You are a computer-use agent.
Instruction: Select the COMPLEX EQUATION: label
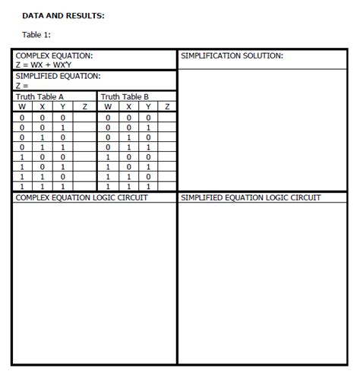pos(55,55)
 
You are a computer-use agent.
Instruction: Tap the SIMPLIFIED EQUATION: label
pos(58,76)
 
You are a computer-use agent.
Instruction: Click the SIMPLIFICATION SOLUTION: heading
pos(232,55)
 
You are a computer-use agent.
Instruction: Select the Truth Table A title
pos(40,96)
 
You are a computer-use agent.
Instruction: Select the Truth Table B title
pos(125,96)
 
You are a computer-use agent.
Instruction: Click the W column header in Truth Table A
pos(22,106)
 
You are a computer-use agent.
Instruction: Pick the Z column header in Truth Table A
pos(85,106)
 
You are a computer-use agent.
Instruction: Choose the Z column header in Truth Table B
pos(167,106)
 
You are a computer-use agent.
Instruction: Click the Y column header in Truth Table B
pos(148,106)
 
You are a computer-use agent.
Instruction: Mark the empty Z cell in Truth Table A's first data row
pos(85,118)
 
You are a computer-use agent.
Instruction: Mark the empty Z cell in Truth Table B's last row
pos(167,186)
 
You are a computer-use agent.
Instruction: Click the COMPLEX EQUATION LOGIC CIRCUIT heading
pos(82,197)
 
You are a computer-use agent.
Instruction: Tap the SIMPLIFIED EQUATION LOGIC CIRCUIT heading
pos(251,197)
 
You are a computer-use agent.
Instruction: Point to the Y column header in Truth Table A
pos(62,106)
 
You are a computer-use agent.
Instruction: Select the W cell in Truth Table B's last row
pos(108,186)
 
